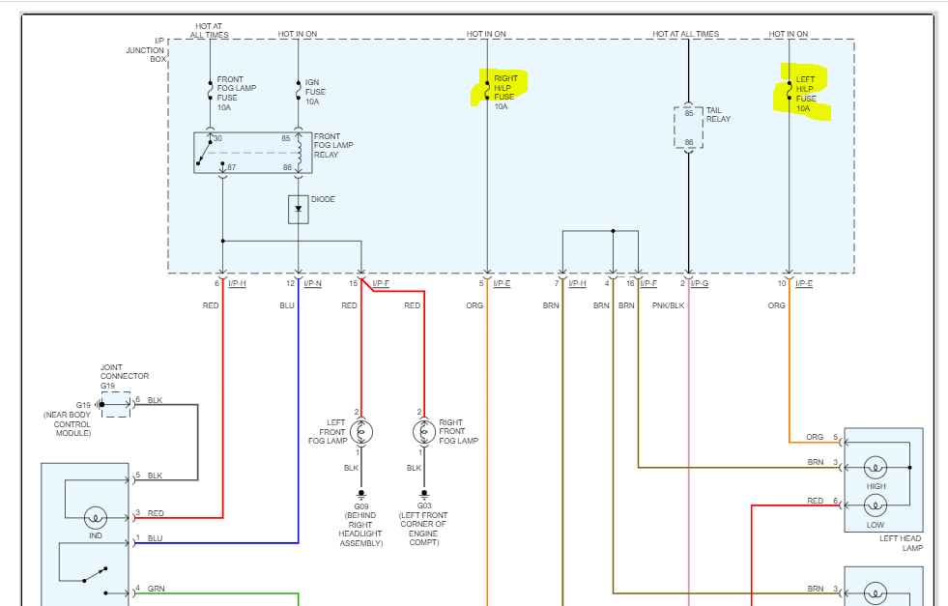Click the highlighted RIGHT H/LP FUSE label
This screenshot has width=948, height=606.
coord(504,88)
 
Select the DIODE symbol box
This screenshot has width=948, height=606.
coord(298,209)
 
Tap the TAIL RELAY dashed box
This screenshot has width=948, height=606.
coord(688,128)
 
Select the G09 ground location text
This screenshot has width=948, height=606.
coord(361,525)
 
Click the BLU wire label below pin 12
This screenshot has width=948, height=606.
coord(287,305)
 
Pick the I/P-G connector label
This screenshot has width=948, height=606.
coord(701,283)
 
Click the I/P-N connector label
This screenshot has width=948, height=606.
coord(312,283)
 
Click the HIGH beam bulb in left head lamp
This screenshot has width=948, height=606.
coord(876,467)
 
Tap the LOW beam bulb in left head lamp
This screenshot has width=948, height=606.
coord(876,505)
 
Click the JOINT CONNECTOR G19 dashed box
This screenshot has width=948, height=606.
coord(115,404)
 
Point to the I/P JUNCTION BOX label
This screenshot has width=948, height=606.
coord(147,50)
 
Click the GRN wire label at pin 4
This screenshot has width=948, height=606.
coord(155,589)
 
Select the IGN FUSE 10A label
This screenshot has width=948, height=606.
coord(312,91)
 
